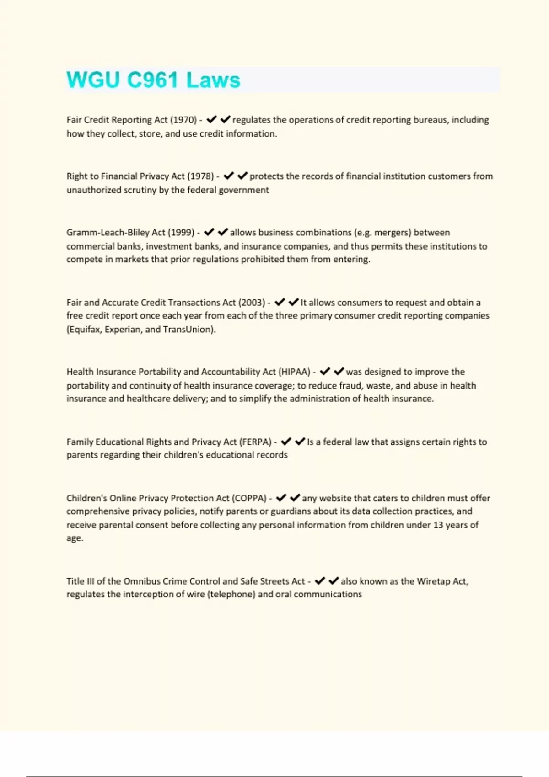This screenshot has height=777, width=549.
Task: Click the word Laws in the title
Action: click(x=213, y=80)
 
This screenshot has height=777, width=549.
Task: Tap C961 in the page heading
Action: click(x=152, y=80)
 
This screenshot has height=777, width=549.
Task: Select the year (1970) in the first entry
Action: click(x=183, y=120)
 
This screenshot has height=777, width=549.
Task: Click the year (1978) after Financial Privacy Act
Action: click(x=200, y=176)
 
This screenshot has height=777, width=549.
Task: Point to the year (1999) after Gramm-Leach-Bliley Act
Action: click(x=181, y=232)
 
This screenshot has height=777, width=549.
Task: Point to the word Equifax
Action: click(x=83, y=329)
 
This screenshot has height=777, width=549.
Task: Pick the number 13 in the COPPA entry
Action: click(x=438, y=525)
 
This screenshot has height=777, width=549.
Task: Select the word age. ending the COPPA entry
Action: click(x=75, y=538)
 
